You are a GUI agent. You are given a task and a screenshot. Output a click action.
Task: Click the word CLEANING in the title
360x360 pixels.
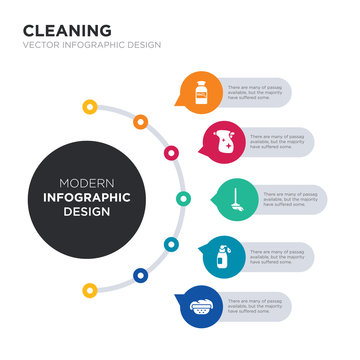click(x=67, y=30)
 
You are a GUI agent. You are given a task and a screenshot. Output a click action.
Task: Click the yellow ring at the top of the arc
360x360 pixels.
click(x=90, y=105)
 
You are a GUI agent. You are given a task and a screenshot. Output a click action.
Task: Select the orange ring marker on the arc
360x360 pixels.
click(x=140, y=122)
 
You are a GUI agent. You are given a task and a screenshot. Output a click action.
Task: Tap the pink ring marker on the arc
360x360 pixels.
click(x=171, y=153)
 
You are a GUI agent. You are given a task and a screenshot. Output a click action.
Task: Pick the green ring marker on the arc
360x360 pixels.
click(x=183, y=198)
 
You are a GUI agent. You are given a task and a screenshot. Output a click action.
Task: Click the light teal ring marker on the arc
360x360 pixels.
click(x=171, y=243)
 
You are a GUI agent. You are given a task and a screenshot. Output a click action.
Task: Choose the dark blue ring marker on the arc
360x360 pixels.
click(x=140, y=273)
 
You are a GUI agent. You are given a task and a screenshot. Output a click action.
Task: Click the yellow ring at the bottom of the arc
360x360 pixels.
click(x=90, y=291)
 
